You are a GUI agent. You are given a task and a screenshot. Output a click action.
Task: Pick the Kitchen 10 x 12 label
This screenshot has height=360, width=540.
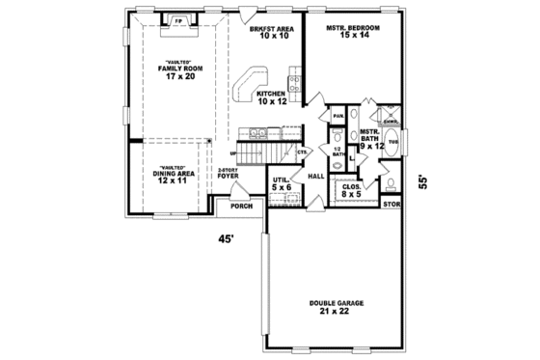point(273,97)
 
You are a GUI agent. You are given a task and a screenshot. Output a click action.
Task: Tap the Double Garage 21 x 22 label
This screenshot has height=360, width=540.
point(329,308)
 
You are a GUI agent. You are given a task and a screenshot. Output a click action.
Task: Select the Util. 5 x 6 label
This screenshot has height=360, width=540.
point(282,184)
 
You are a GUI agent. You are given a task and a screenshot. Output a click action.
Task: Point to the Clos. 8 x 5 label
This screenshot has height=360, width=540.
point(352,189)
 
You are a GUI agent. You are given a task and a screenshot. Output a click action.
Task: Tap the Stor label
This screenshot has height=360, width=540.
point(391,205)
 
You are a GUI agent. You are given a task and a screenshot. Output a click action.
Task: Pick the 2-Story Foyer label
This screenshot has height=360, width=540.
point(228,175)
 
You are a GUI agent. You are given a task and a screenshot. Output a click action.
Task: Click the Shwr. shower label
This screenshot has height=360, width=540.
point(391,121)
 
